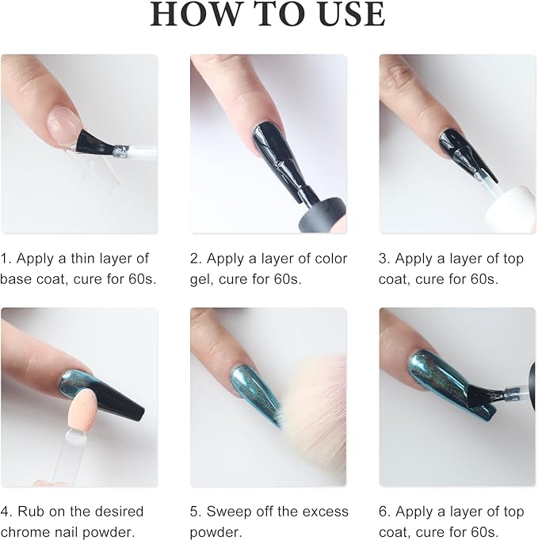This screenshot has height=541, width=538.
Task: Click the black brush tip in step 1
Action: click(x=93, y=142)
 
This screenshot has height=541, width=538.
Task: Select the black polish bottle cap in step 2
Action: click(x=322, y=215)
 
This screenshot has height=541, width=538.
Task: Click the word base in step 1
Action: click(x=16, y=278)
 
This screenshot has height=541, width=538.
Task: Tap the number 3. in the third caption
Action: click(x=384, y=259)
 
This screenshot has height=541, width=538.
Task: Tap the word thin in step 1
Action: click(x=82, y=258)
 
